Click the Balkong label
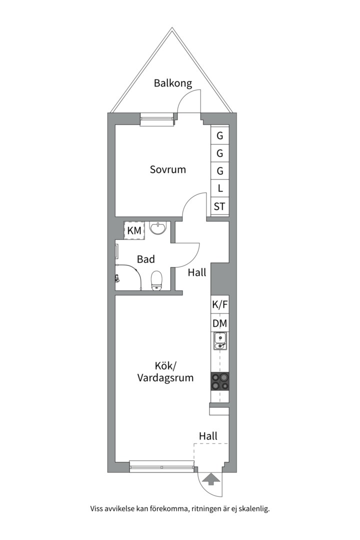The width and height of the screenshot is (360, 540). (172, 83)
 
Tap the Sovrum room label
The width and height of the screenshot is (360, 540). (168, 169)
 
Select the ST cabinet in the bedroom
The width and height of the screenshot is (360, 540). (220, 206)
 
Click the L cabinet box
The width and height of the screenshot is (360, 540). (220, 188)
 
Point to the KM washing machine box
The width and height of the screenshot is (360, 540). (134, 230)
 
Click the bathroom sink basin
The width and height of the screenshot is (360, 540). (158, 227)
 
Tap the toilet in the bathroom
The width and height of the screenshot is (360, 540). (156, 280)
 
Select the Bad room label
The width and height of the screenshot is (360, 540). (145, 259)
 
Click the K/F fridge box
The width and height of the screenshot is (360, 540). (220, 304)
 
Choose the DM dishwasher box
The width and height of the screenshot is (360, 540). (220, 323)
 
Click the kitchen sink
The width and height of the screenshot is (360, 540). (220, 341)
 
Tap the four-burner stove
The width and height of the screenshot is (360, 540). (220, 381)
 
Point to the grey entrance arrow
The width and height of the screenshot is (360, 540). (211, 479)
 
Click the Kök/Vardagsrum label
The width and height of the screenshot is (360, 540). (165, 372)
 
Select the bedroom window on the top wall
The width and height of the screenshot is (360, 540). (157, 119)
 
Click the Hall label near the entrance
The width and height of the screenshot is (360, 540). (208, 436)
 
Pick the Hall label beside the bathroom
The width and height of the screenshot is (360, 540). (197, 273)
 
